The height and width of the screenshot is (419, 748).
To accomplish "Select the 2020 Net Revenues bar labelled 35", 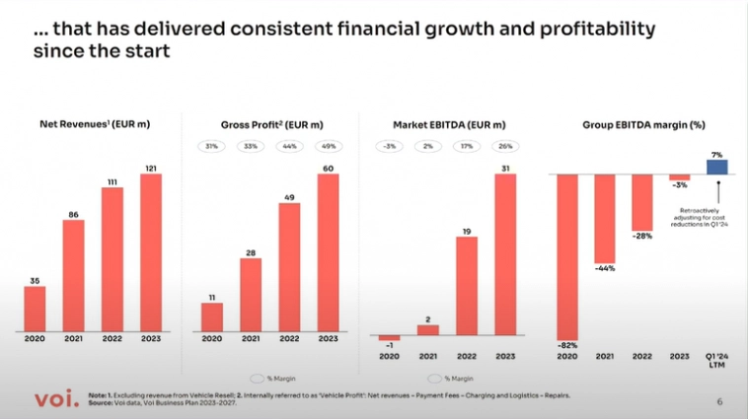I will pyautogui.click(x=35, y=308).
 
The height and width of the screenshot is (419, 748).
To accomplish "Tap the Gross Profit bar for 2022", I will pyautogui.click(x=289, y=265).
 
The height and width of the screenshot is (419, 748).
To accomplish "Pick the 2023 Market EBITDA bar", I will pyautogui.click(x=504, y=255).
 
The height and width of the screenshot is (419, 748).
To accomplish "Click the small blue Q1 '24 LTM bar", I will pyautogui.click(x=717, y=167).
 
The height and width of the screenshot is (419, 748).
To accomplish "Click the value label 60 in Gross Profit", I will pyautogui.click(x=329, y=169).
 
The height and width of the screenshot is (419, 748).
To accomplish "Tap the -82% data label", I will pyautogui.click(x=566, y=344).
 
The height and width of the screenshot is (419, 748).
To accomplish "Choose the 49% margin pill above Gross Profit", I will pyautogui.click(x=329, y=147).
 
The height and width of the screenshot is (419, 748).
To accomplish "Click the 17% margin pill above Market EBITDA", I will pyautogui.click(x=466, y=147).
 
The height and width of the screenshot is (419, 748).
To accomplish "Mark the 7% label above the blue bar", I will pyautogui.click(x=717, y=154).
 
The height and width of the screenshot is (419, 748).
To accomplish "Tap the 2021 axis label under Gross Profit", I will pyautogui.click(x=251, y=339).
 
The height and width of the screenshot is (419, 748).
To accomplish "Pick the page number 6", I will pyautogui.click(x=719, y=402).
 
